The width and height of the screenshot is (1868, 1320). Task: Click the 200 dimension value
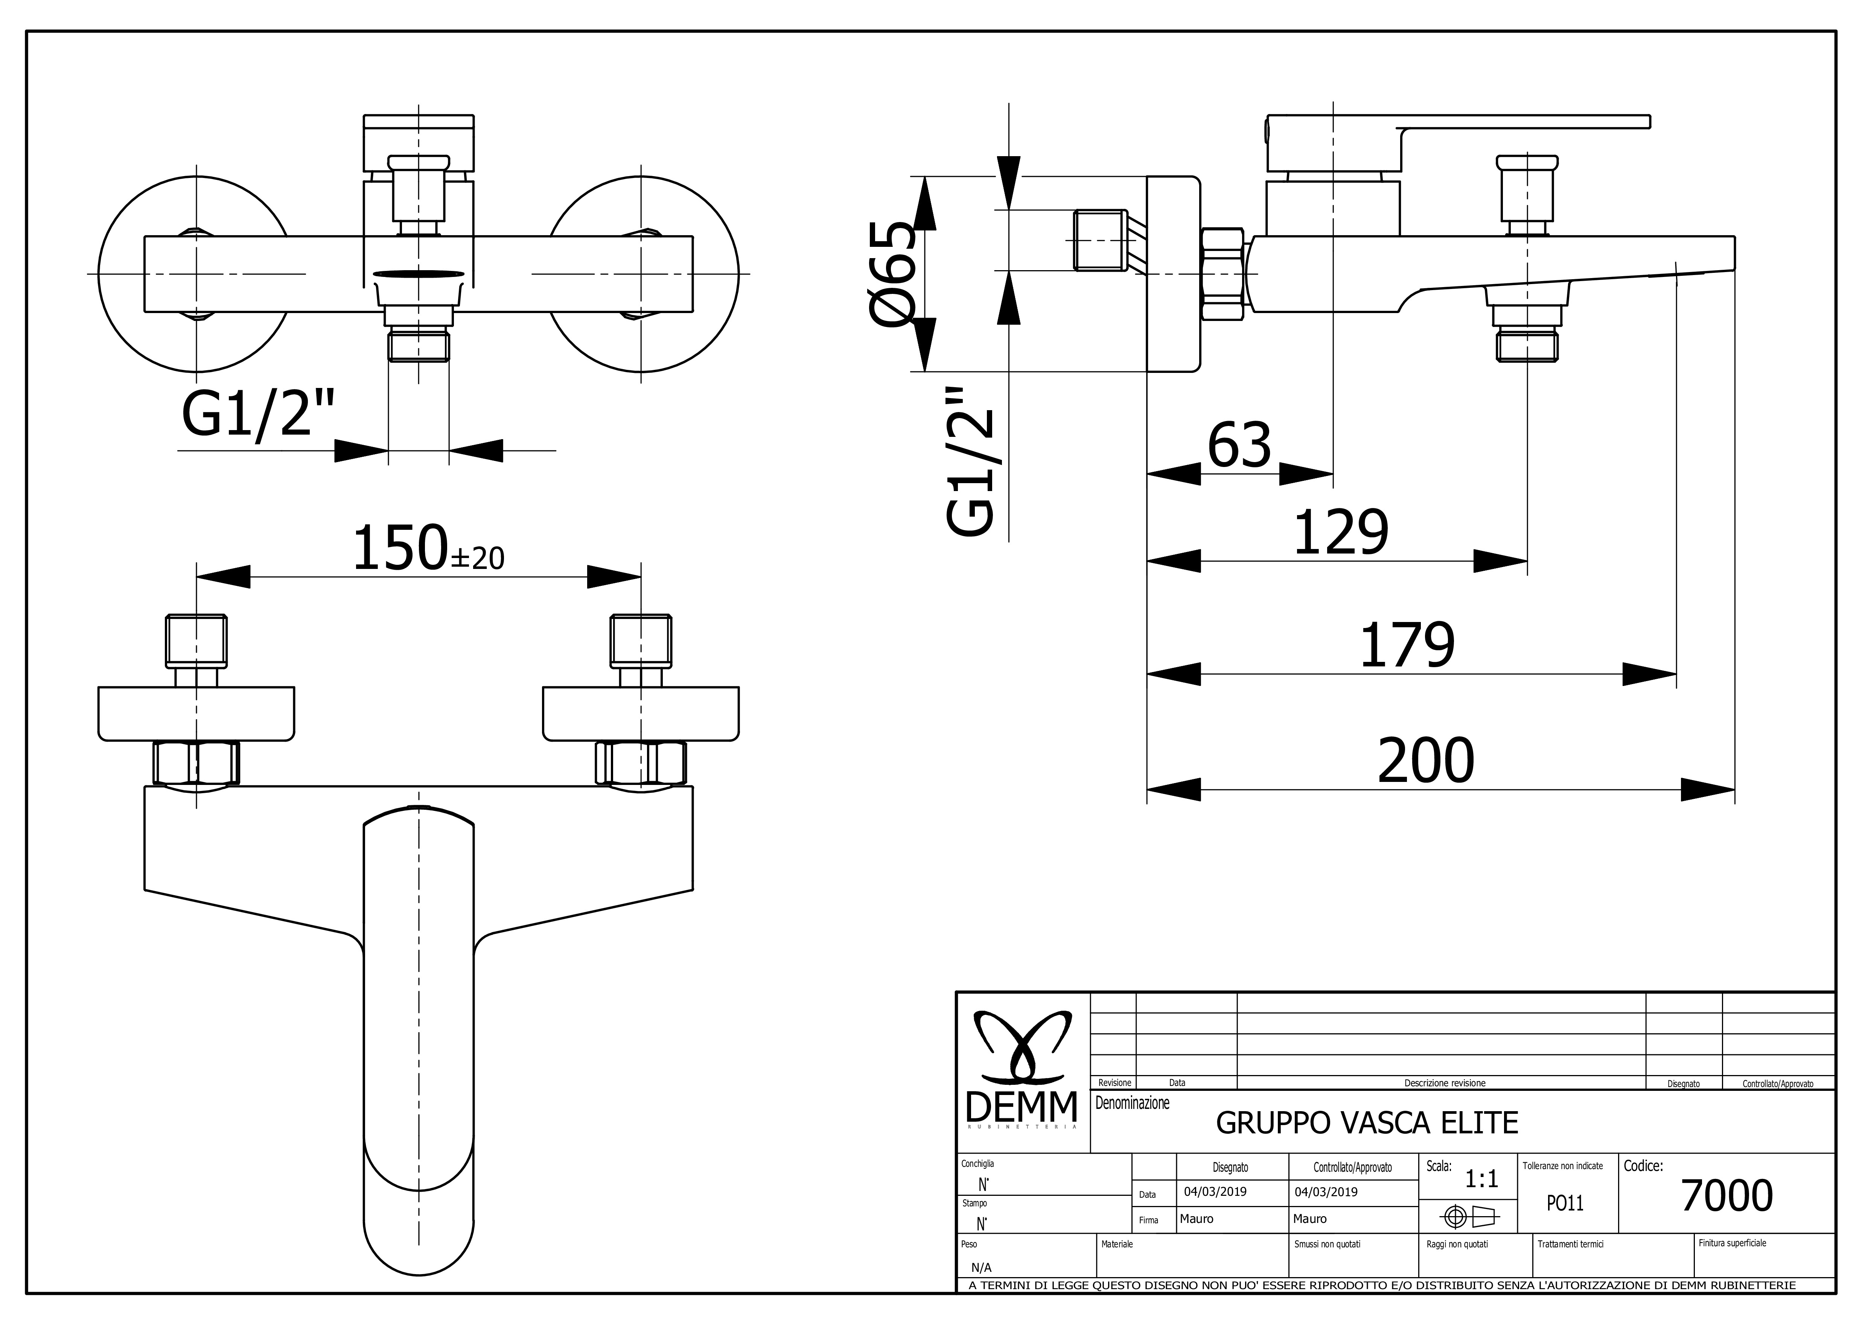(1425, 760)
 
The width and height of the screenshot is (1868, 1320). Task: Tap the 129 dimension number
(1341, 533)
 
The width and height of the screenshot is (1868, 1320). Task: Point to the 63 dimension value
(1239, 446)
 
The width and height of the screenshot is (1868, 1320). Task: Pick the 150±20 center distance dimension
(428, 548)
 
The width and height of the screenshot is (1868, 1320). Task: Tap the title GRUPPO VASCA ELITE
(1367, 1123)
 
